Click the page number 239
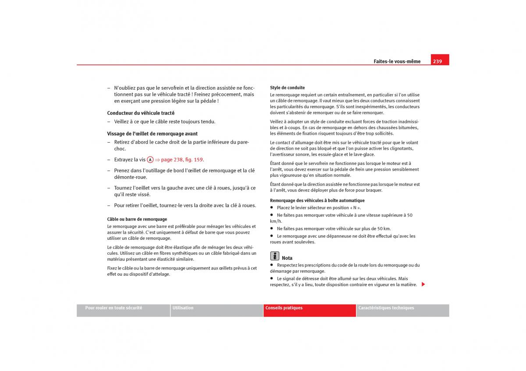click(437, 61)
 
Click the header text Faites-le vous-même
click(397, 62)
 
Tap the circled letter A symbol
click(150, 160)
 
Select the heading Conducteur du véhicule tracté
click(141, 113)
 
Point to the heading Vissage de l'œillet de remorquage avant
click(152, 133)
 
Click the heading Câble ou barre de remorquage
click(137, 219)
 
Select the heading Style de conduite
click(287, 87)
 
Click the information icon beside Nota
click(274, 256)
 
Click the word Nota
click(287, 258)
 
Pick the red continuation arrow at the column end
click(423, 284)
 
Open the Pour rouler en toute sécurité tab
click(114, 308)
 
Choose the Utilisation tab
click(183, 308)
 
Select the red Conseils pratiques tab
click(284, 308)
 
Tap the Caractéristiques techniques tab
click(386, 308)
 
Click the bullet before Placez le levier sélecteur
click(272, 208)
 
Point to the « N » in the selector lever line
click(354, 208)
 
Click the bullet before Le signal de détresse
click(272, 278)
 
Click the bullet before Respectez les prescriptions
click(272, 265)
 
